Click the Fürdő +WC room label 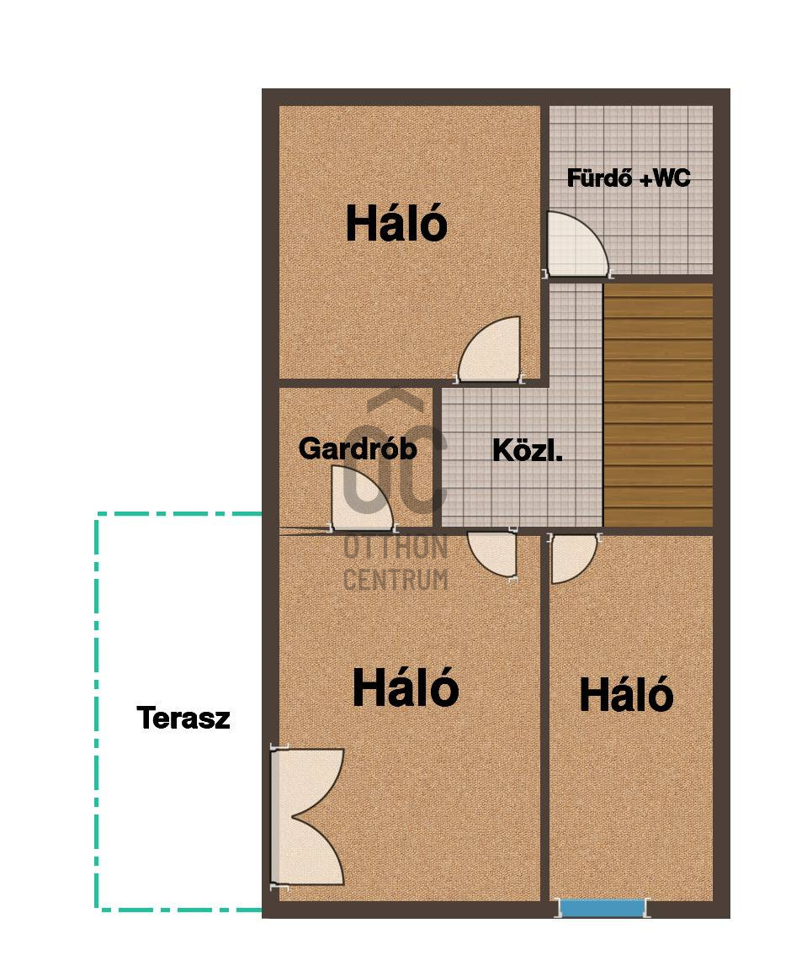(629, 178)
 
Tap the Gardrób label (358, 448)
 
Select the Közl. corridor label (528, 450)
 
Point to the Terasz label (183, 718)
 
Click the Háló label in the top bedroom (396, 224)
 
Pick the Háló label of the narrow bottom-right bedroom (626, 694)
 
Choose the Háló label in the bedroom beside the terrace (406, 687)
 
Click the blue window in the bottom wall (602, 908)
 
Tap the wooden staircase (658, 405)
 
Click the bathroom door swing (576, 245)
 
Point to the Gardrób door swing (362, 499)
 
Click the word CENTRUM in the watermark (395, 580)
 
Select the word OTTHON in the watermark (395, 548)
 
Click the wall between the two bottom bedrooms (545, 718)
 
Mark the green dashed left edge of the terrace (97, 711)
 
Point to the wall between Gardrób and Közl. (437, 458)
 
